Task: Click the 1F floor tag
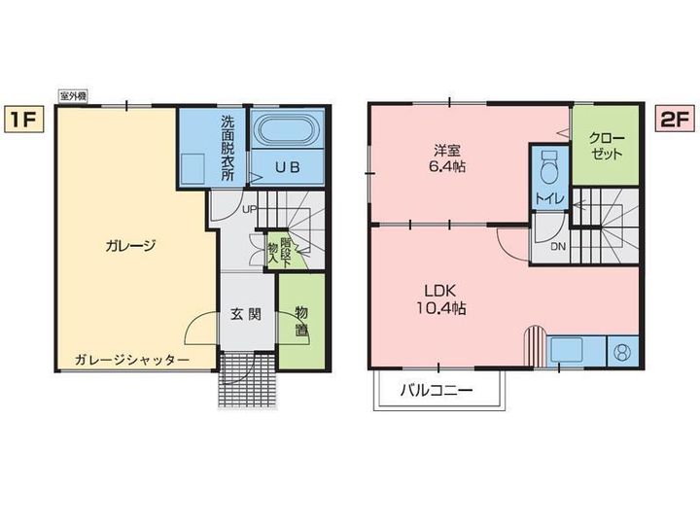coord(24,120)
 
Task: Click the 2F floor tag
coord(675,120)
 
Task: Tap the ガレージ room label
coord(130,246)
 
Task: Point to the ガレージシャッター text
coord(131,360)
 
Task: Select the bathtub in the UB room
coord(287,128)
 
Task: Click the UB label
coord(287,167)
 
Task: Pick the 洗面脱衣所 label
coord(227,148)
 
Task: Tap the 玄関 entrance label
coord(246,314)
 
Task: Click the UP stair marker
coord(249,208)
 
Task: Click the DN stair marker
coord(558,246)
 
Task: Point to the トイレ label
coord(549,198)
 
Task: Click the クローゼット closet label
coord(607,146)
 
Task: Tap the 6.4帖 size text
coord(447,166)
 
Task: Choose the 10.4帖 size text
coord(441,308)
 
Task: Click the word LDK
coord(439,291)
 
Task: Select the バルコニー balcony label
coord(436,391)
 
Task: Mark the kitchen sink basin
coord(567,350)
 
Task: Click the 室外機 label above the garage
coord(73,96)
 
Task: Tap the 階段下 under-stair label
coord(286,253)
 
